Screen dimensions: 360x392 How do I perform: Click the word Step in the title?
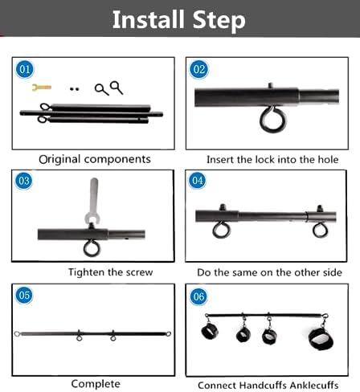(x=219, y=20)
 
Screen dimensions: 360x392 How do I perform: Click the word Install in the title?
(x=149, y=18)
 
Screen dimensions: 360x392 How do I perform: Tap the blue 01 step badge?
(x=25, y=70)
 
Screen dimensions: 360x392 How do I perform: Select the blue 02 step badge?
(x=199, y=70)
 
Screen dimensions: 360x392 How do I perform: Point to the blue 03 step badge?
(x=24, y=181)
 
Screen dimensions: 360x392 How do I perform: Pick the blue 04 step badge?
(x=198, y=180)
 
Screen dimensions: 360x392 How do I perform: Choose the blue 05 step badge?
(x=24, y=295)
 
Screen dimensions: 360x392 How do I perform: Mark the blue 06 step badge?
(x=198, y=296)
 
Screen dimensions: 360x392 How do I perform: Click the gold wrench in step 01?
(x=42, y=88)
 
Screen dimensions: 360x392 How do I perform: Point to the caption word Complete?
(x=96, y=384)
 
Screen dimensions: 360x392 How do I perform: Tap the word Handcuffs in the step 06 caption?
(x=264, y=385)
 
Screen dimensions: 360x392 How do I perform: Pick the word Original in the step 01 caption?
(x=59, y=159)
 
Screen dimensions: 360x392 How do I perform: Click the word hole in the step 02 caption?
(x=328, y=160)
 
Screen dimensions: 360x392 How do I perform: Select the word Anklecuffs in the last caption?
(x=314, y=385)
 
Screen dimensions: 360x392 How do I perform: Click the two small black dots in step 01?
(x=74, y=89)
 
